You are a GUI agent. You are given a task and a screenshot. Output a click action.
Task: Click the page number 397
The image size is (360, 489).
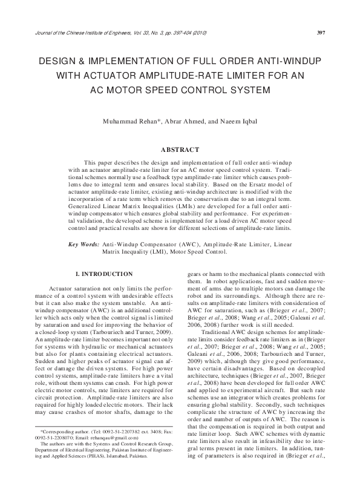(x=322, y=32)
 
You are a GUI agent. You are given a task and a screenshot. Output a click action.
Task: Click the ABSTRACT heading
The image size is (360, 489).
(x=180, y=149)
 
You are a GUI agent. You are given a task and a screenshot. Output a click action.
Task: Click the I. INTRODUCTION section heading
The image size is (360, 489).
(x=104, y=274)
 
